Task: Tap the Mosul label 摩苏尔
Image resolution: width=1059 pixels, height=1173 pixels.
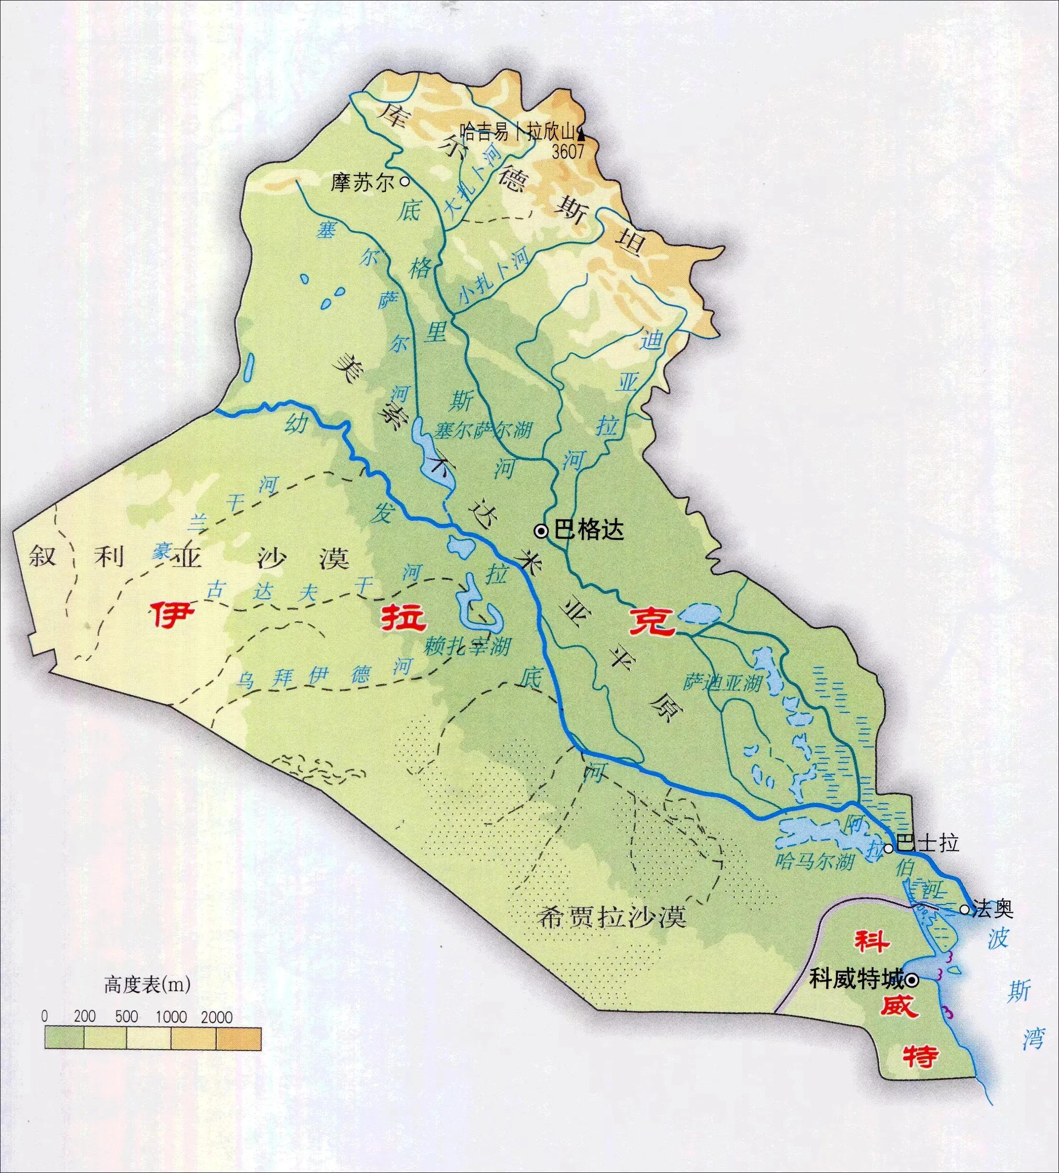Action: pos(362,183)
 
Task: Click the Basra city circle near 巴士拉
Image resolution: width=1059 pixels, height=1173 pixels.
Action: pos(888,849)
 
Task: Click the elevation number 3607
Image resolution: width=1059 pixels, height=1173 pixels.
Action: pos(568,152)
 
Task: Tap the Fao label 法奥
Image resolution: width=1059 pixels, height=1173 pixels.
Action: pos(993,909)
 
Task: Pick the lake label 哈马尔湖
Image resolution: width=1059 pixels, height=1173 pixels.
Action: pos(815,860)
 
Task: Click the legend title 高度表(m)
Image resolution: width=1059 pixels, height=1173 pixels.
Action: pos(147,985)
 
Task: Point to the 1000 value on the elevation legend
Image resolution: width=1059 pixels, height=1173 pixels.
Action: pos(171,1017)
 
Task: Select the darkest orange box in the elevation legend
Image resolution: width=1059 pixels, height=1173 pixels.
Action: pos(239,1038)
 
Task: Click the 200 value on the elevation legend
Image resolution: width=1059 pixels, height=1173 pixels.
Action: pos(85,1017)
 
